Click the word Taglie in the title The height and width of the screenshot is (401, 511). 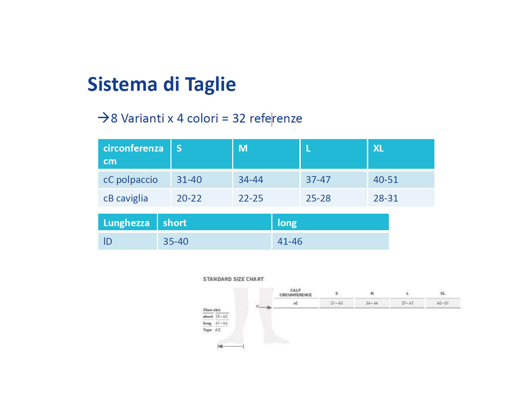pos(210,84)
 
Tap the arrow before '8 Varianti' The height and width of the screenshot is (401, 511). pos(103,118)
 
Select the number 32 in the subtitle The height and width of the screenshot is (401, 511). pos(239,118)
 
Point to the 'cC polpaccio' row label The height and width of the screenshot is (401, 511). pos(130,180)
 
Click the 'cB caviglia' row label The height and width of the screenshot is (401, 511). pos(126,198)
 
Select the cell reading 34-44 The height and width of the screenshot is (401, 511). pos(250,180)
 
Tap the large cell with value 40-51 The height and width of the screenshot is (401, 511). pos(385,180)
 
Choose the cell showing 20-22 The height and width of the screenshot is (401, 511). pos(189,198)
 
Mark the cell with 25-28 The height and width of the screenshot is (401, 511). pos(318,198)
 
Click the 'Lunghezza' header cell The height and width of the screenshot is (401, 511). pos(126,223)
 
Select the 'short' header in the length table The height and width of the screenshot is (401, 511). pos(175,223)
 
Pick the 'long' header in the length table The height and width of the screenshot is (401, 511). pos(287,223)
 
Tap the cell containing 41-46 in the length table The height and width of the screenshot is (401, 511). pos(290,241)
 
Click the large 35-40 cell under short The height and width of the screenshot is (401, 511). pos(176,241)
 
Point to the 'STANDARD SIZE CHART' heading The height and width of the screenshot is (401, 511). pos(233,279)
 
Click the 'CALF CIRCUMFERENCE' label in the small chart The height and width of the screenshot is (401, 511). pos(295,293)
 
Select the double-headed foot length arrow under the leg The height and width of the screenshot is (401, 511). pos(231,346)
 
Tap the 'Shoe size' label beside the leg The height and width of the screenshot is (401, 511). pos(212,310)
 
